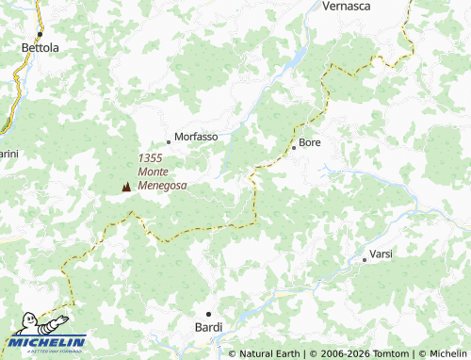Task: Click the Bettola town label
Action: (40, 47)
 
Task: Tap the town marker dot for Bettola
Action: (40, 35)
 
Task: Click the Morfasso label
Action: (196, 137)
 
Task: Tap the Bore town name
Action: (310, 144)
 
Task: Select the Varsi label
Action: (381, 254)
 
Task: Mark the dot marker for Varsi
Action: (365, 260)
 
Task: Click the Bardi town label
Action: (208, 327)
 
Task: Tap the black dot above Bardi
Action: (209, 313)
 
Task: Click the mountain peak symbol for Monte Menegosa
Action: (126, 187)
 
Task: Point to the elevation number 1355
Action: (150, 158)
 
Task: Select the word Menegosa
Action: (163, 186)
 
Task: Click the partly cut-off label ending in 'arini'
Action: (8, 154)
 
